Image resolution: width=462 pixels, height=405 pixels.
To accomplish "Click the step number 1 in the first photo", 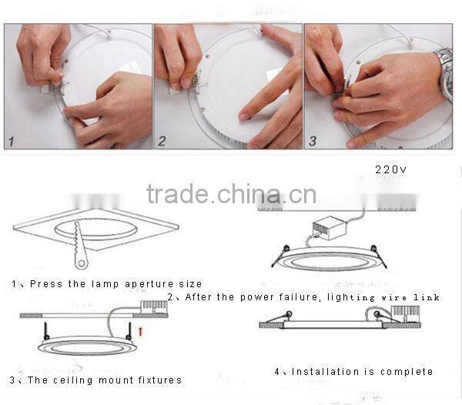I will (x=12, y=141).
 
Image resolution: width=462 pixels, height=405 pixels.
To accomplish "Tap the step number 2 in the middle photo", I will (x=162, y=141).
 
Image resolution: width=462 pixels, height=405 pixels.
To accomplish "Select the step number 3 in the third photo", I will (x=312, y=141).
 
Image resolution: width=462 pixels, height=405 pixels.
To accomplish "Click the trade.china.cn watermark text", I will (x=231, y=195).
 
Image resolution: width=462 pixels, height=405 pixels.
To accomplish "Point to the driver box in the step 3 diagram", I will (x=155, y=309).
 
